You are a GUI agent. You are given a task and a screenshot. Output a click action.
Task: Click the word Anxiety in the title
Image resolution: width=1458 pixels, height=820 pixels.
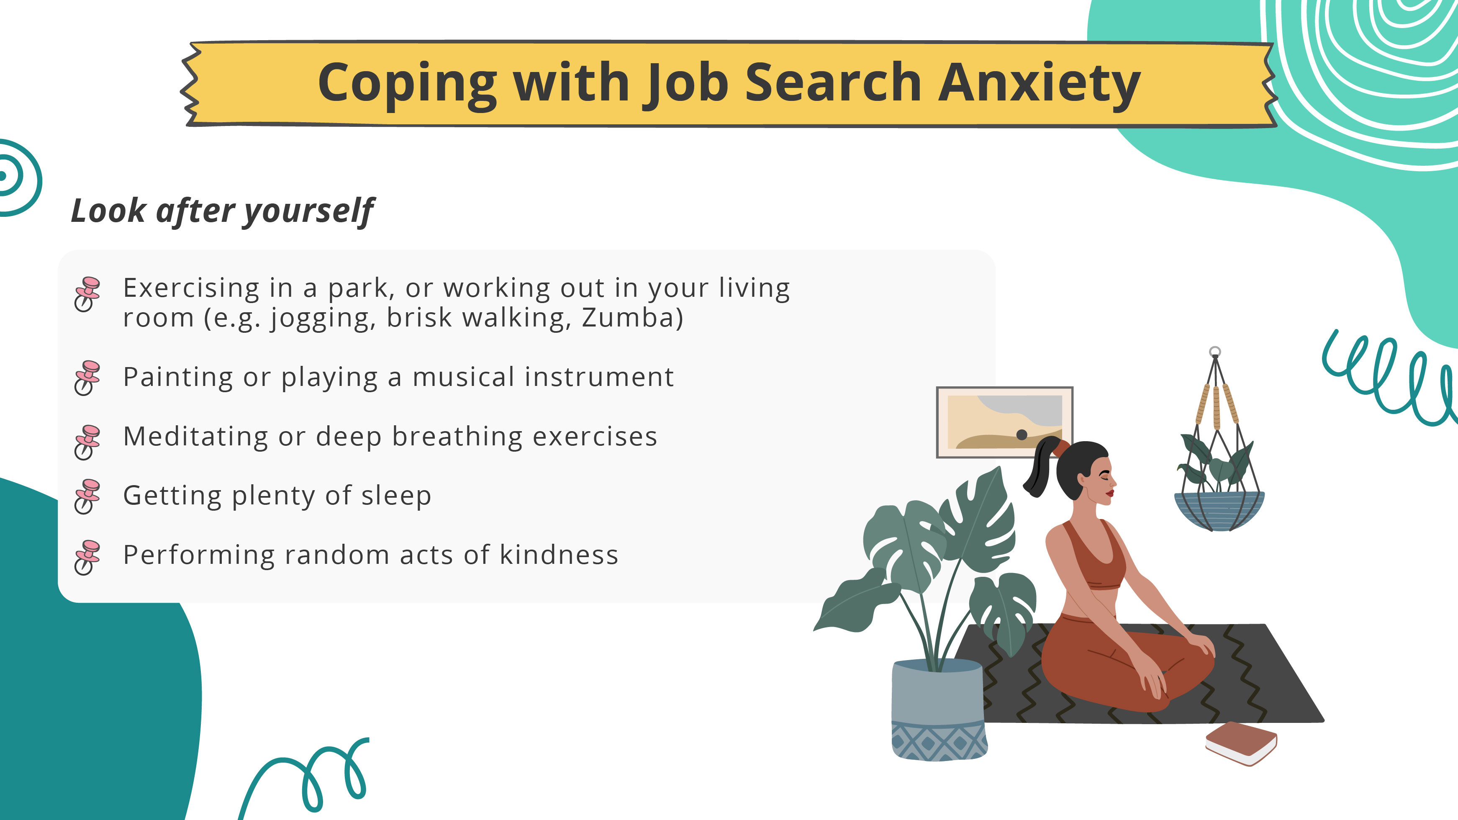click(1039, 84)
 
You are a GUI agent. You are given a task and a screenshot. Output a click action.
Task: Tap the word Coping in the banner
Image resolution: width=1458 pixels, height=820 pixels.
click(407, 84)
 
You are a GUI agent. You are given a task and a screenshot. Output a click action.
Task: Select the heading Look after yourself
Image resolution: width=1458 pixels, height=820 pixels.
click(222, 211)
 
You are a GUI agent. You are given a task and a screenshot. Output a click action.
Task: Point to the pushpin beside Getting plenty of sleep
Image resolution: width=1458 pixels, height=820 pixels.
click(87, 496)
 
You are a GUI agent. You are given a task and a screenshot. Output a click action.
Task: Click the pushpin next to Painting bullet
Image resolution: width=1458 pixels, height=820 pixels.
click(87, 378)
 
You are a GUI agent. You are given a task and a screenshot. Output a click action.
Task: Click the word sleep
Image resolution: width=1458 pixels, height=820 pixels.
click(396, 496)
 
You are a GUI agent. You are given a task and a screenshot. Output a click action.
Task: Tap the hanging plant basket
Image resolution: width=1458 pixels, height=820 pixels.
click(1219, 510)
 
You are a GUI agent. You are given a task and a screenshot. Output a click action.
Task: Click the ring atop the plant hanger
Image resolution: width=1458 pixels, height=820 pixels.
click(1214, 352)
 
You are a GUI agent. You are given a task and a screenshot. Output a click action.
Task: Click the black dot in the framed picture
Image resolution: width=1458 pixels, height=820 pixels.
click(1022, 435)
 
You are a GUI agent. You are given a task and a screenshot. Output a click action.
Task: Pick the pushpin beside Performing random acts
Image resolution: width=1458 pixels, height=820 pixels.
click(87, 557)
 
